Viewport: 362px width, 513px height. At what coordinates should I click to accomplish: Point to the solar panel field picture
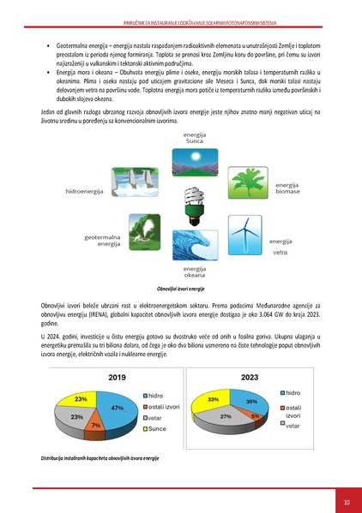tap(183, 162)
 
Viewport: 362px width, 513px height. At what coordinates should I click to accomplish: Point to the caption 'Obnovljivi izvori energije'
tap(181, 290)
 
